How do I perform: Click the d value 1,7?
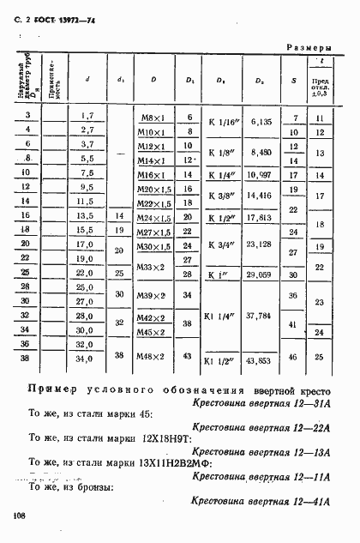(x=86, y=115)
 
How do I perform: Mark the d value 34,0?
(x=86, y=356)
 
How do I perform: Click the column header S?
(x=294, y=81)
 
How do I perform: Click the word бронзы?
(x=93, y=486)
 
